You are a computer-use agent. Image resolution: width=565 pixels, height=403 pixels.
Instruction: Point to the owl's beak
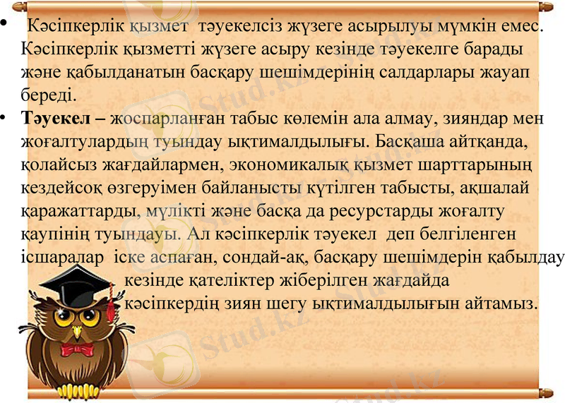click(x=80, y=331)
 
